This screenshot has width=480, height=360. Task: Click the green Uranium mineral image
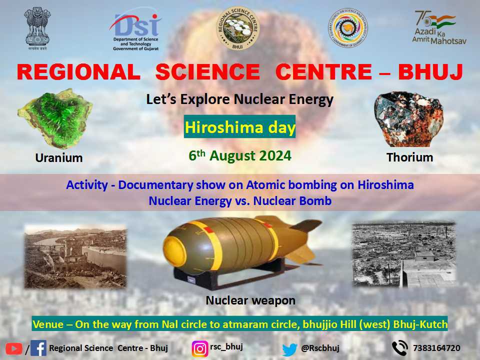coord(54,118)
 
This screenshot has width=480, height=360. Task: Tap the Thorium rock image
coord(408,119)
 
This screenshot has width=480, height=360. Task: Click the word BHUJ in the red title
coord(430,72)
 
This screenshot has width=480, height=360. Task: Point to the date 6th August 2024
coord(240,156)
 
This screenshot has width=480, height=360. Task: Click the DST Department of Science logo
coord(135,30)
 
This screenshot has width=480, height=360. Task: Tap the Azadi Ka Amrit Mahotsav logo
coord(438,27)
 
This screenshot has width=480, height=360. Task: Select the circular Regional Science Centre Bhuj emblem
coord(237,29)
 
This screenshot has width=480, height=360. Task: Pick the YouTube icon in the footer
coord(14,348)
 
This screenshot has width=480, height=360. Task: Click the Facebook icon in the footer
coord(38,348)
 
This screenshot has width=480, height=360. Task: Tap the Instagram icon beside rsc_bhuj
coord(200,348)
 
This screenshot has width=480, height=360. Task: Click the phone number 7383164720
coord(436,348)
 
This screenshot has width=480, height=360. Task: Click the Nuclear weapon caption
coord(250,300)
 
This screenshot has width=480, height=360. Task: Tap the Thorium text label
coord(409,157)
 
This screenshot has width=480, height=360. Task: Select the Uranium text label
coord(59,158)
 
